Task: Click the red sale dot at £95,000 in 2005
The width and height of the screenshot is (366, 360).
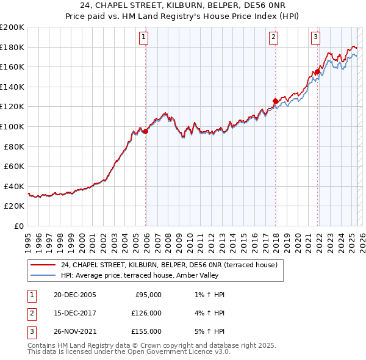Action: (146, 131)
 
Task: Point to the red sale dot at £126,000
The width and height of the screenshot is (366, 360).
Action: (276, 101)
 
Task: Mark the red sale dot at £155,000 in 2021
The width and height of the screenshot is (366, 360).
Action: (317, 72)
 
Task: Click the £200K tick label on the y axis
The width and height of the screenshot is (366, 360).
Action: (13, 27)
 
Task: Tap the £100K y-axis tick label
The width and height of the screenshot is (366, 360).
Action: (13, 126)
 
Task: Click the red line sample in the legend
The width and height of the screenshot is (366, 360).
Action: (43, 265)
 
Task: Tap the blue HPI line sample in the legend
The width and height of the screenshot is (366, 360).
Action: (43, 275)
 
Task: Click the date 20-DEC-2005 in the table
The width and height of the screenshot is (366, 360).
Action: (75, 295)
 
